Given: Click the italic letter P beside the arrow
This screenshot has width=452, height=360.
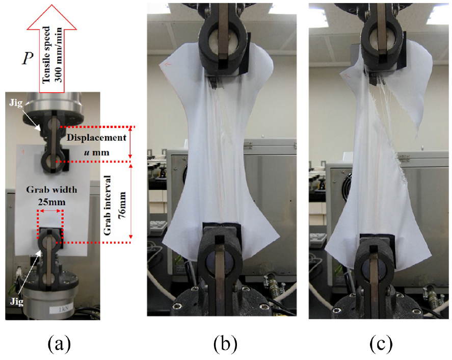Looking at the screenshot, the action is click(28, 58).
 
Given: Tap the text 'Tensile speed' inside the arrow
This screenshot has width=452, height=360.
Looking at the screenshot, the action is click(46, 55).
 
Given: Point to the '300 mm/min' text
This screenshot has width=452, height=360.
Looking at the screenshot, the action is click(58, 55).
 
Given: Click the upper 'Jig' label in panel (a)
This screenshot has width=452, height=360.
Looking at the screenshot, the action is click(16, 102).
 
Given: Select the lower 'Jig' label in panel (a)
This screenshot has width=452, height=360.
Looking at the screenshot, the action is click(16, 302).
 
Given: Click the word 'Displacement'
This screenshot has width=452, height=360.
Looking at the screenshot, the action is click(96, 138).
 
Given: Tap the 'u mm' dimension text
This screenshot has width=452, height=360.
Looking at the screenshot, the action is click(97, 152).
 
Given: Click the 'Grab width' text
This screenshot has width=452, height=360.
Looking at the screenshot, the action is click(51, 190).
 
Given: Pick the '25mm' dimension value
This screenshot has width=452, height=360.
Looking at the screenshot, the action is click(51, 202).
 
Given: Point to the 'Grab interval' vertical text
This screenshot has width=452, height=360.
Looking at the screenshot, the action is click(107, 205).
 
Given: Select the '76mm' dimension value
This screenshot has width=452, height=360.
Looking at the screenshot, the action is click(122, 205).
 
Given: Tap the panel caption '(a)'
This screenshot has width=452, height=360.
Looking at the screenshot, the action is click(59, 343).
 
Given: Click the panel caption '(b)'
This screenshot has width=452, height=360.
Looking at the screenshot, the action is click(225, 343).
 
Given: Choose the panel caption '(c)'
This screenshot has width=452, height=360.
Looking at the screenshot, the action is click(381, 343).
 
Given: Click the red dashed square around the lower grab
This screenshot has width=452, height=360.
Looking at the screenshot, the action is click(37, 224).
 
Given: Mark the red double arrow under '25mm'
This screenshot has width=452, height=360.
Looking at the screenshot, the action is click(50, 211).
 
